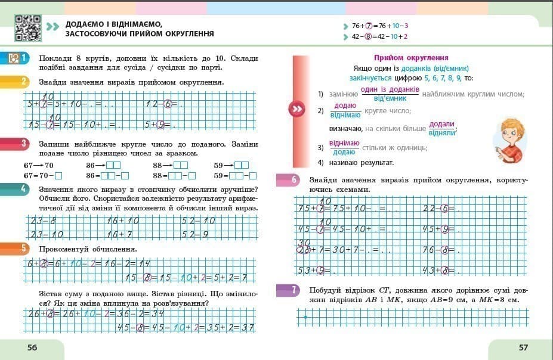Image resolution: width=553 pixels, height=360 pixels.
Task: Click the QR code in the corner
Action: pos(27,27)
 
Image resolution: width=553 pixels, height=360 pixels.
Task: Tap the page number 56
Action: pos(32,347)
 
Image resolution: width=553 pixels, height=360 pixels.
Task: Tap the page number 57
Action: pos(523,347)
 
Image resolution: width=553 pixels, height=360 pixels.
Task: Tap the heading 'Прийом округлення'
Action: pos(410,58)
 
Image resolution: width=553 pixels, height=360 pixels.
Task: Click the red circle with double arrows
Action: pos(296,109)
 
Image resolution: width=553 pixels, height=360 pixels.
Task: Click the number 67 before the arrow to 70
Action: pos(28,165)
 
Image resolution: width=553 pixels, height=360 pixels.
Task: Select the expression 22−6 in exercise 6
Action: pos(438,208)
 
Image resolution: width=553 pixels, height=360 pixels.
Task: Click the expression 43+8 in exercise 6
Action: pos(438,271)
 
